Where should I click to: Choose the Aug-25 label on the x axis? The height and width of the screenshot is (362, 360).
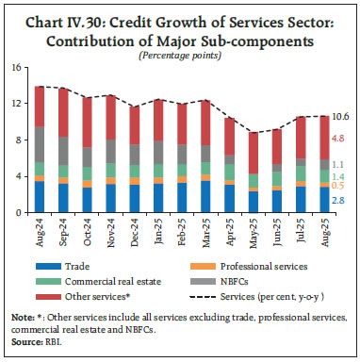tap(320, 232)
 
